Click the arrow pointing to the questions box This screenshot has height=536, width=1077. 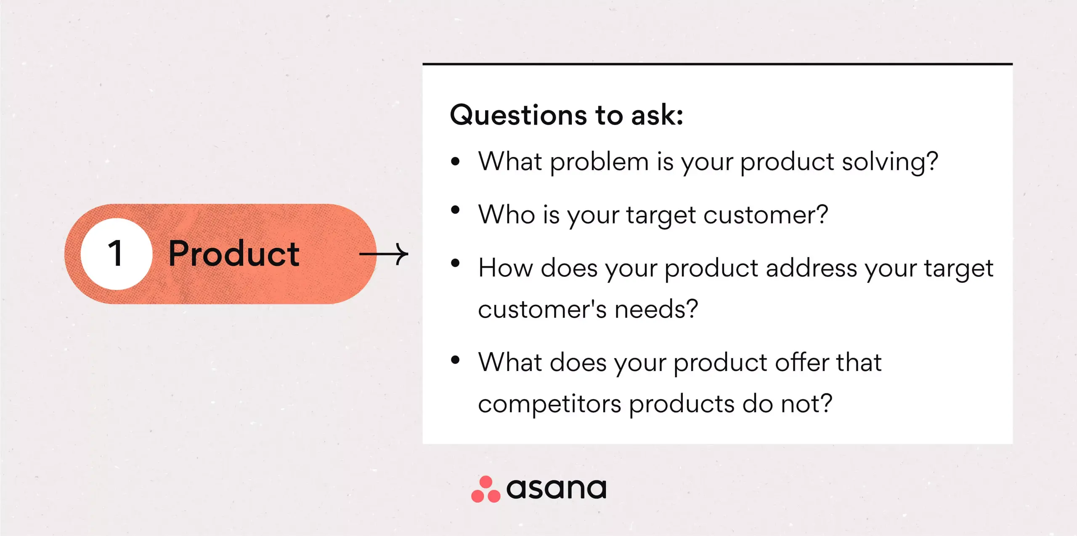(384, 254)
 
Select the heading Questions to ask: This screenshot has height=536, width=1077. (566, 115)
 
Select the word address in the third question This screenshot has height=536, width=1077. (811, 268)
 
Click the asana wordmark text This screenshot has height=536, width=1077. (556, 488)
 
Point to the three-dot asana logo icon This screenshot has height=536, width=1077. (486, 489)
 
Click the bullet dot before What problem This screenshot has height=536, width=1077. (455, 161)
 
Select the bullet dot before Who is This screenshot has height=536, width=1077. (455, 210)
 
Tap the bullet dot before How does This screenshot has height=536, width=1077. (455, 263)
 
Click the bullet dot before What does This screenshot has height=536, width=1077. (455, 360)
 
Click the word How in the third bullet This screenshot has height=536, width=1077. (506, 268)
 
